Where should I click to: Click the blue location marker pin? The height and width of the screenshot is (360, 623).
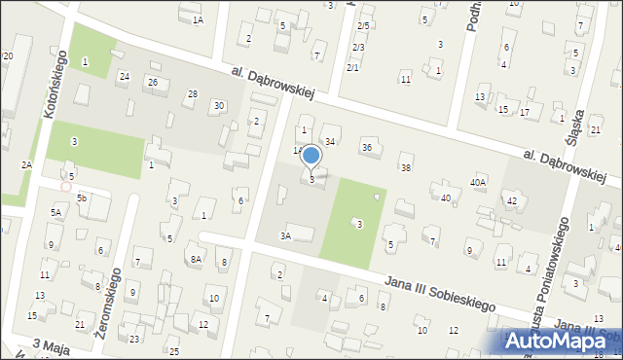pyautogui.click(x=311, y=157)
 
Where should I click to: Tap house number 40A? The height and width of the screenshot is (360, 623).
pyautogui.click(x=478, y=182)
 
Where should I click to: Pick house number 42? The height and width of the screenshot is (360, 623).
pyautogui.click(x=511, y=200)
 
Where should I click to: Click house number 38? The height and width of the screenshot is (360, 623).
pyautogui.click(x=406, y=168)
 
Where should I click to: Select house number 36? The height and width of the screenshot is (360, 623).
pyautogui.click(x=367, y=147)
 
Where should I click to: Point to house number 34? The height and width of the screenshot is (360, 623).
pyautogui.click(x=330, y=142)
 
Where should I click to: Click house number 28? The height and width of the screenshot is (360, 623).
pyautogui.click(x=193, y=93)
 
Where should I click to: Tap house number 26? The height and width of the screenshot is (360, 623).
pyautogui.click(x=153, y=82)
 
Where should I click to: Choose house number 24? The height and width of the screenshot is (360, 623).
pyautogui.click(x=124, y=76)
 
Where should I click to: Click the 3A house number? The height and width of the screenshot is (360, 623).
pyautogui.click(x=285, y=235)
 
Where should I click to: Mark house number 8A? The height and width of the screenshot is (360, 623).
pyautogui.click(x=196, y=259)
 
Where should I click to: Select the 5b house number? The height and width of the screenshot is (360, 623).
pyautogui.click(x=83, y=198)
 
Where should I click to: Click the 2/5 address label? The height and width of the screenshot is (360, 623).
pyautogui.click(x=363, y=25)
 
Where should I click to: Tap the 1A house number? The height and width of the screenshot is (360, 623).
pyautogui.click(x=198, y=19)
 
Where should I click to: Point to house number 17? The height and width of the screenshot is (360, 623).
pyautogui.click(x=525, y=113)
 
